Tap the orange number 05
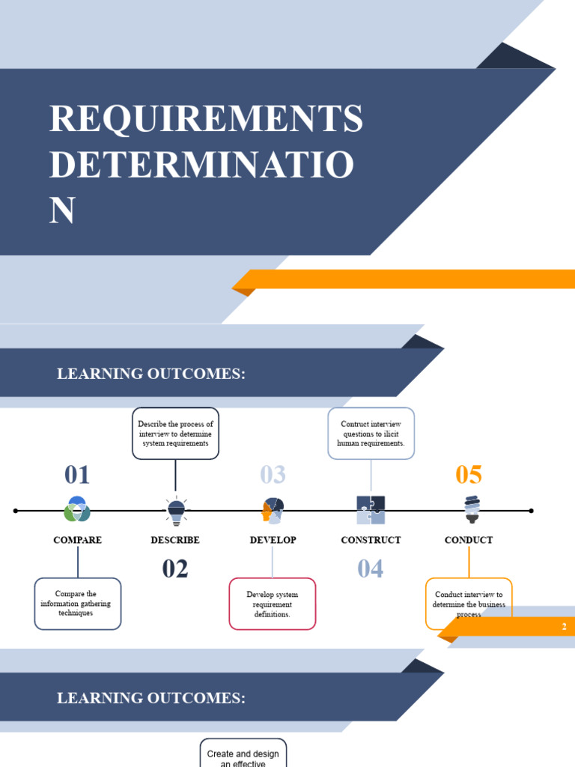pos(469,475)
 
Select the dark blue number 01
pos(77,475)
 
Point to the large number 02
pos(175,569)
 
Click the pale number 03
pos(273,475)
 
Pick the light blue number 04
pos(371,569)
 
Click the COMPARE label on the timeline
pos(77,540)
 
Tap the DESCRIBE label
pos(175,540)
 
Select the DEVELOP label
pos(273,540)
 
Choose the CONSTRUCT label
pos(371,540)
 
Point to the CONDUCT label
pos(469,540)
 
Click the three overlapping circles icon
pos(77,509)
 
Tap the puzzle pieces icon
pos(371,510)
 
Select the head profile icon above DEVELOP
pos(273,510)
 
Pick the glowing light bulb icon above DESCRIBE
pos(176,509)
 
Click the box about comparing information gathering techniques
pos(77,603)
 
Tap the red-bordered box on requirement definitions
pos(272,604)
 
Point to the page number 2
pos(565,627)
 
